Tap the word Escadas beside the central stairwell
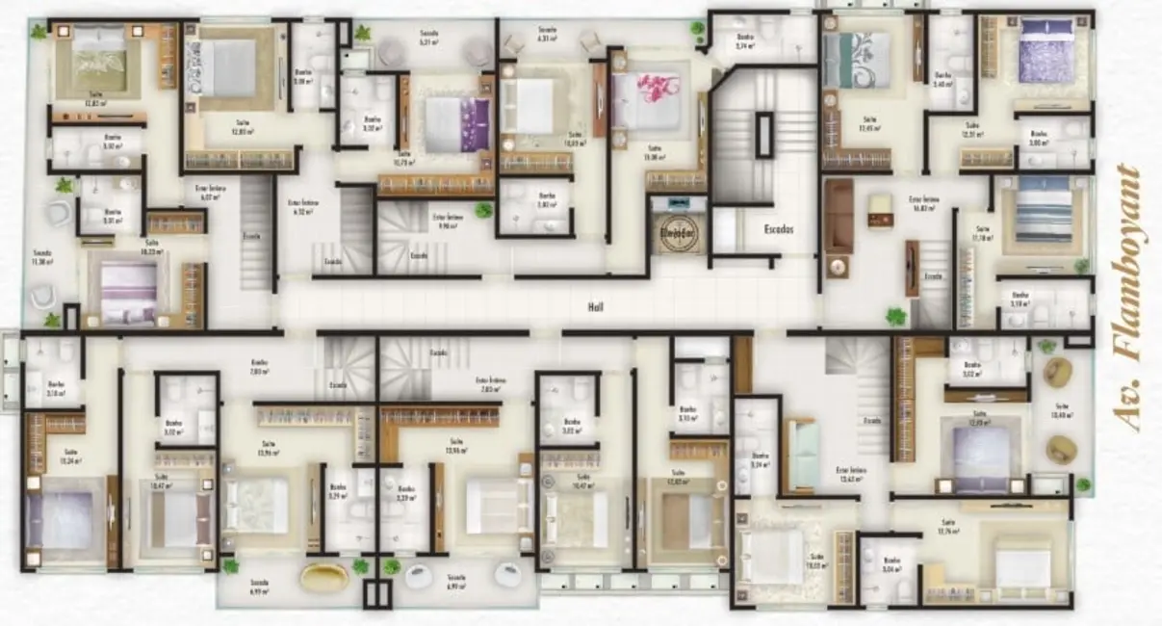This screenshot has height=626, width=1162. [779, 231]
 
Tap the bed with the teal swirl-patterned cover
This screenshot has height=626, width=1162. [859, 58]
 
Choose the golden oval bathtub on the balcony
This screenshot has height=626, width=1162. [324, 576]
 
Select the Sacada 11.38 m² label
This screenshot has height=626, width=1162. [41, 256]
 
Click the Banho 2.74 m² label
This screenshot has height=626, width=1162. [743, 42]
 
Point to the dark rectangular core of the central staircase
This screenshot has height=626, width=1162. [764, 135]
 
